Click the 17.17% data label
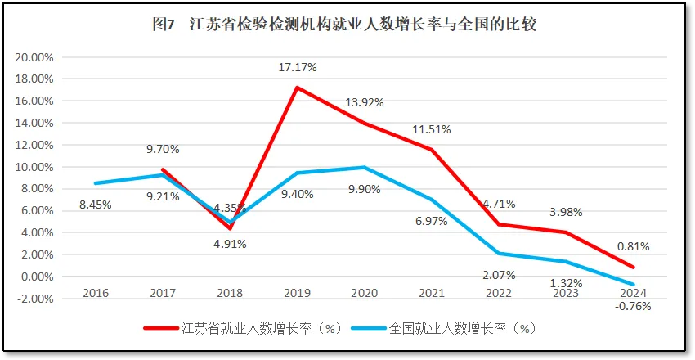click(x=298, y=67)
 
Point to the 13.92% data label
click(x=365, y=102)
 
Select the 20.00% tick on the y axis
click(x=34, y=57)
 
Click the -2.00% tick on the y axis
click(x=34, y=299)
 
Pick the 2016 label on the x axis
click(x=96, y=293)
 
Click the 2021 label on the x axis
click(x=431, y=293)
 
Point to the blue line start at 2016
click(x=96, y=183)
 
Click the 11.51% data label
click(x=432, y=129)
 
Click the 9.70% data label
click(x=163, y=149)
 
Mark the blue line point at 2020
click(x=364, y=168)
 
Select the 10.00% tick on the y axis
click(x=34, y=167)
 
